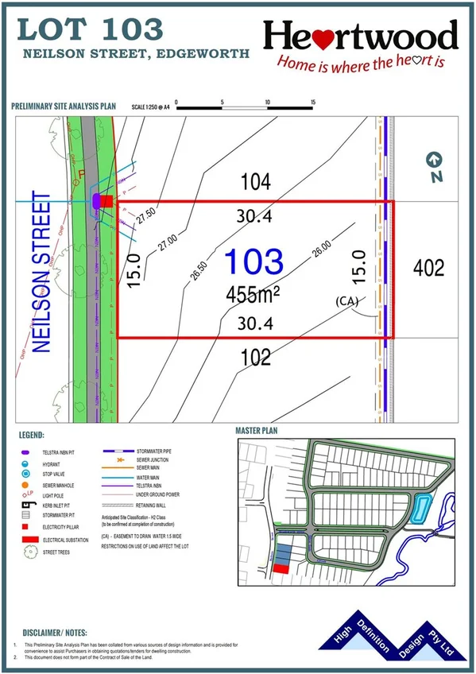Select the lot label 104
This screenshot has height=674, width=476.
(x=256, y=182)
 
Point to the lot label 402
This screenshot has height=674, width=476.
(x=429, y=268)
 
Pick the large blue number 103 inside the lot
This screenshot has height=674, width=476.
(x=254, y=261)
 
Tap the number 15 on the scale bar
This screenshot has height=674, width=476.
(x=314, y=103)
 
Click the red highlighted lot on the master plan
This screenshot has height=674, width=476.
(x=281, y=568)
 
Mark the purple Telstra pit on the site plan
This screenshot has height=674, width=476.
(x=97, y=202)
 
